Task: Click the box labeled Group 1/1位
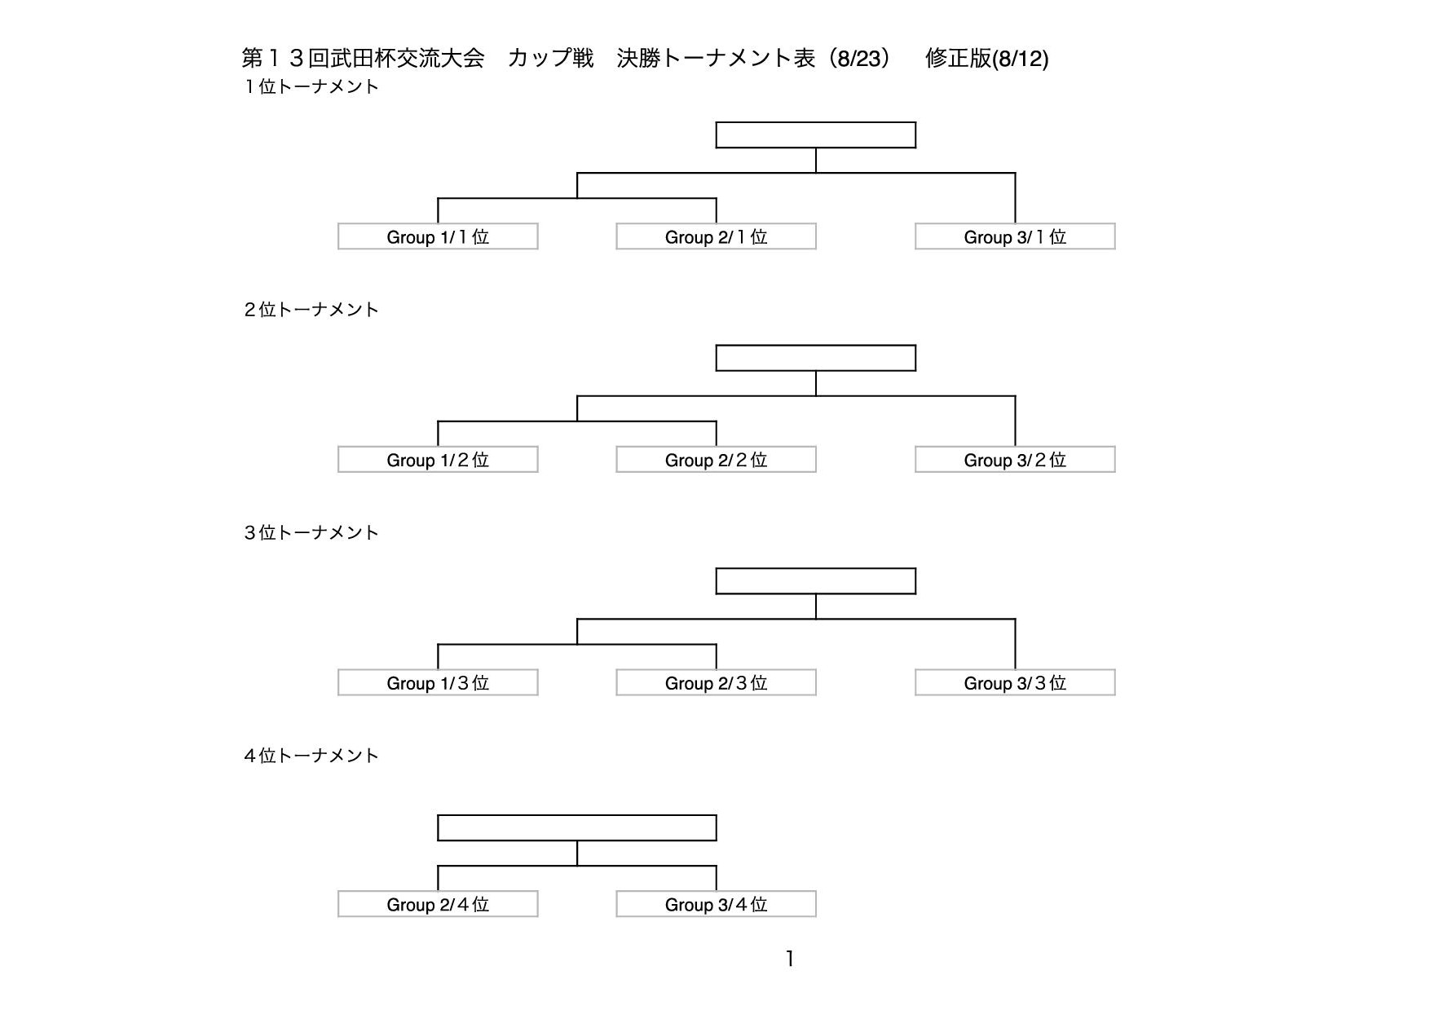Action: coord(438,236)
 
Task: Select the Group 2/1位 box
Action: coord(716,236)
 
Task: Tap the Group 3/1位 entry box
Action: coord(1015,236)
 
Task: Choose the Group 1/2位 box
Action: coord(438,460)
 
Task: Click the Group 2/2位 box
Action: coord(716,460)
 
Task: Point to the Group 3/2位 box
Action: coord(1015,460)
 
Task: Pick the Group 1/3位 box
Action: coord(438,682)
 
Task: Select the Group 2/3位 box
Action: coord(716,682)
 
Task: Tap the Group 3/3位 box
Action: coord(1015,682)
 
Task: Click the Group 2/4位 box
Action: coord(438,904)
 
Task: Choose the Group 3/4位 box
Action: coord(716,904)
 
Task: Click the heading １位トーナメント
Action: coord(311,86)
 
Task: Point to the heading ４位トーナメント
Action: coord(311,756)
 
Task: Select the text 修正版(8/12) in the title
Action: coord(987,59)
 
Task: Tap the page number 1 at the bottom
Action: coord(789,959)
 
